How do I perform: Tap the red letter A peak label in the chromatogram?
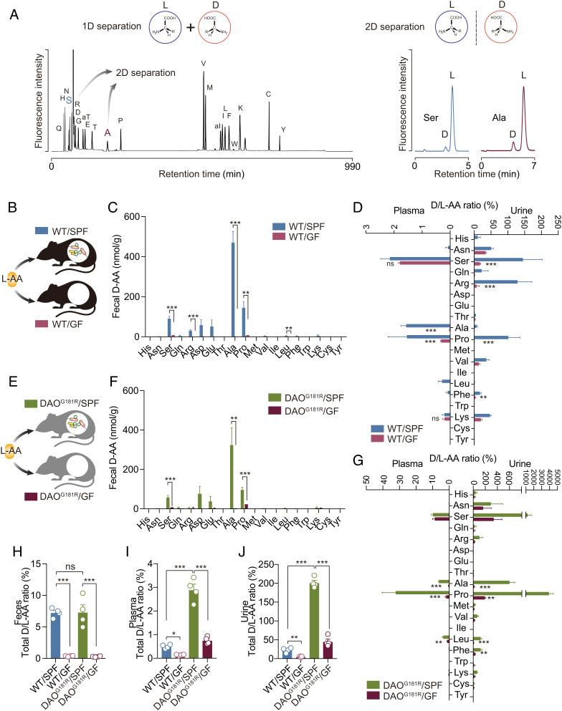108,132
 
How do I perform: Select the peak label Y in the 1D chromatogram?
284,130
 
